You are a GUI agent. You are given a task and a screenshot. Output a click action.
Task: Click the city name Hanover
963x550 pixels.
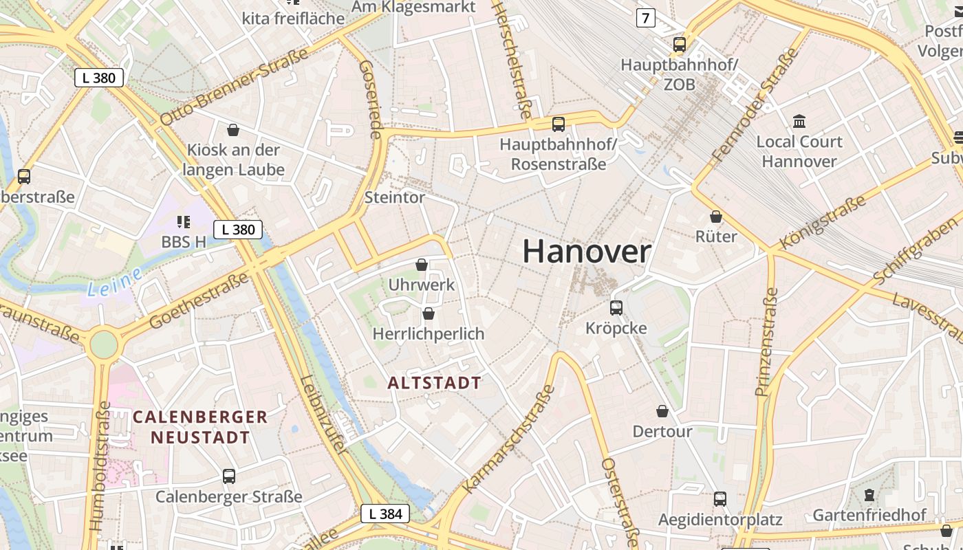pos(587,252)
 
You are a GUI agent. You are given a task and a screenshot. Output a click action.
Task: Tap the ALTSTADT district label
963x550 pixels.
pos(434,383)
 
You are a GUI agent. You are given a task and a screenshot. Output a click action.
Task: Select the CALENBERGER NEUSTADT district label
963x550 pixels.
pos(200,426)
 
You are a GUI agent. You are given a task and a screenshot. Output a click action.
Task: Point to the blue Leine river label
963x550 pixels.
pos(114,282)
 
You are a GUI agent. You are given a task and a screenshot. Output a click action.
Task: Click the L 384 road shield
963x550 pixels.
pos(385,513)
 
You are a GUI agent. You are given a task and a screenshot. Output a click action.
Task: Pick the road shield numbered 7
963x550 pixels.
pos(645,18)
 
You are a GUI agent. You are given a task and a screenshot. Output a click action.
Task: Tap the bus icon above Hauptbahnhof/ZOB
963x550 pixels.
pos(680,45)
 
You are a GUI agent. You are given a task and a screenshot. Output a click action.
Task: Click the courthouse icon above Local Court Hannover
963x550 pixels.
pos(799,122)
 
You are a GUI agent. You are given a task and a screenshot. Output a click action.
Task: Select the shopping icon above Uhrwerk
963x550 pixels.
pos(422,265)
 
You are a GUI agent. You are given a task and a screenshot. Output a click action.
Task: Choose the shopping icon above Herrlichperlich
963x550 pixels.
pos(429,313)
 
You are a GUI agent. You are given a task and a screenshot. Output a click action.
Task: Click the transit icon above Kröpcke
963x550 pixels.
pos(616,307)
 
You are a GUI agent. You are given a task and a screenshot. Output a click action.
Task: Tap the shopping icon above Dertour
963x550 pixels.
pos(662,411)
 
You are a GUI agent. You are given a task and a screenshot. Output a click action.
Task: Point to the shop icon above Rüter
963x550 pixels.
pos(716,217)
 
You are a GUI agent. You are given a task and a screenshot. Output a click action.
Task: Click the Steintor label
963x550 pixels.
pos(395,197)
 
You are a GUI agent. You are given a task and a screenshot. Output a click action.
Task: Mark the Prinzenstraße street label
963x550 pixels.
pos(766,342)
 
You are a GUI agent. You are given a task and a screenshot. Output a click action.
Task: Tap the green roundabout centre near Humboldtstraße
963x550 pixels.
pos(103,344)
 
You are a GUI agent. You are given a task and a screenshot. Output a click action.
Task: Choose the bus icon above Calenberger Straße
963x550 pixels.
pos(229,476)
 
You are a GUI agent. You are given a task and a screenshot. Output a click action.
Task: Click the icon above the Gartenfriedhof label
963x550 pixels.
pos(869,494)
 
